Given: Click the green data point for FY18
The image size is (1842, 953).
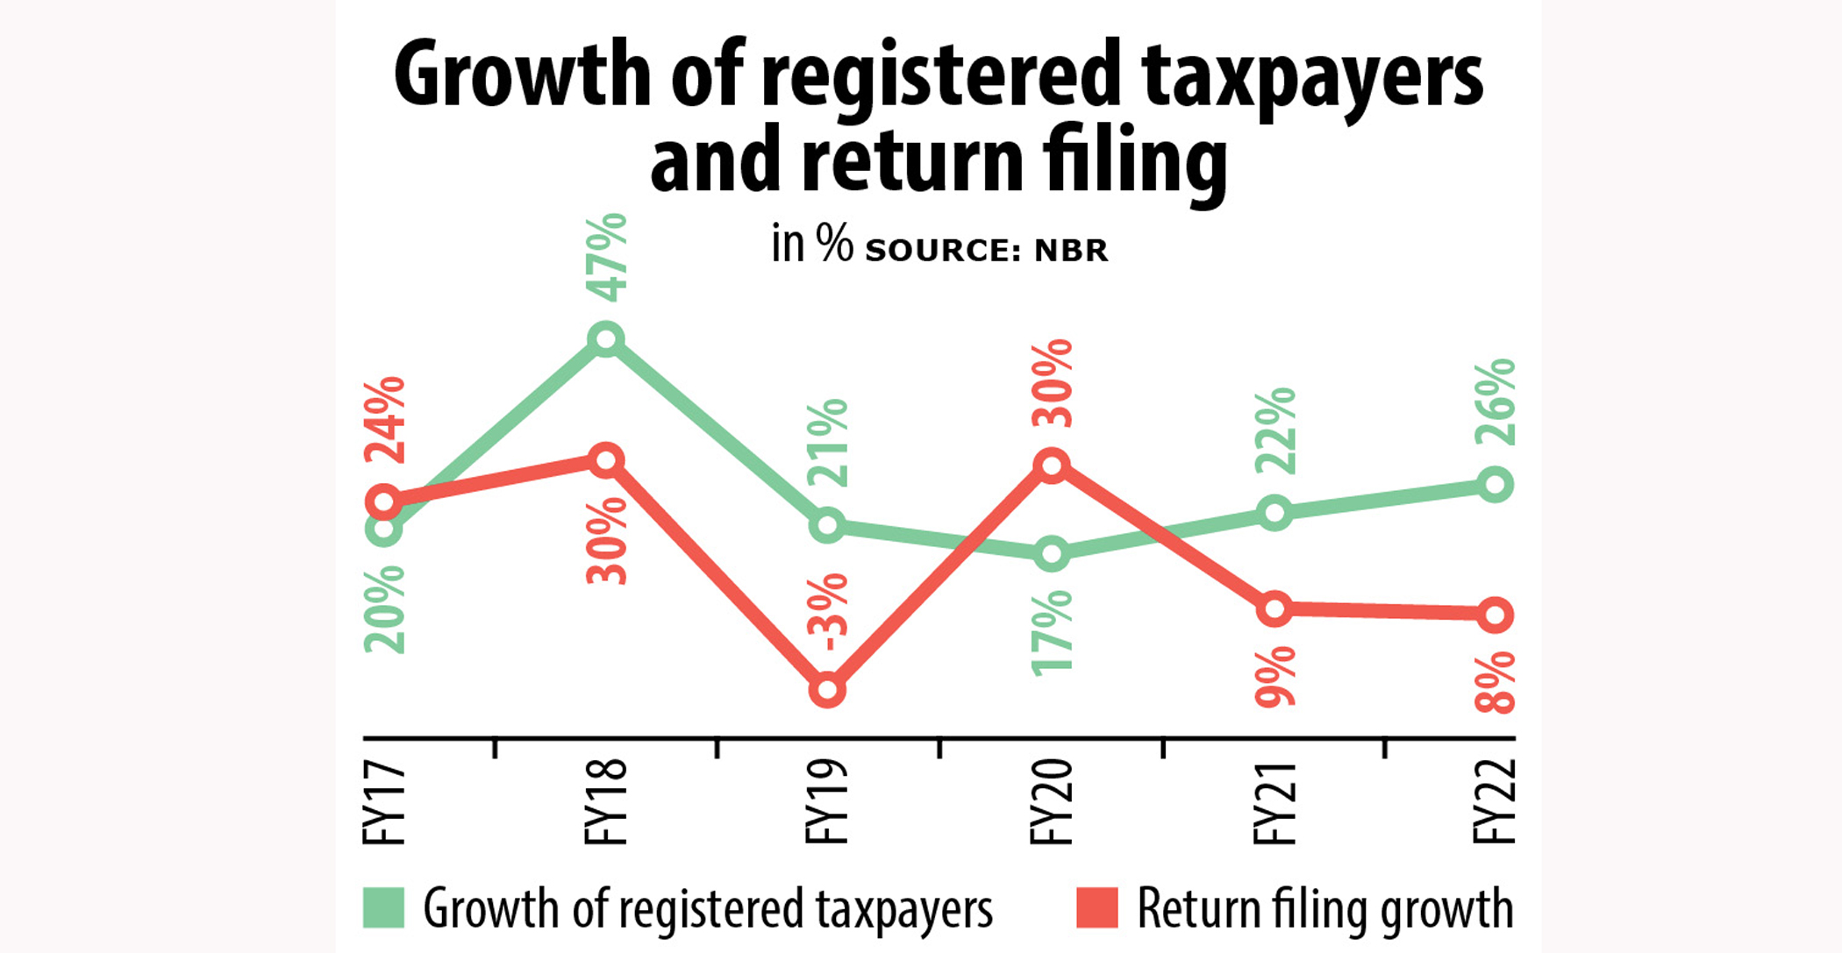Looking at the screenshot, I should point(606,338).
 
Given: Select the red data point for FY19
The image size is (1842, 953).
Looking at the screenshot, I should point(827,691).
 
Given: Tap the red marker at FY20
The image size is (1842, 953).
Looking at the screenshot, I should point(1052,466).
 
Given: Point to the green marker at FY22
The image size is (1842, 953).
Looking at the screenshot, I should point(1496,485).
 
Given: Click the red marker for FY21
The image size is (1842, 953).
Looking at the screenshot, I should point(1274,608).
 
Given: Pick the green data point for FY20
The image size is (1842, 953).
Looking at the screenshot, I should point(1052,554).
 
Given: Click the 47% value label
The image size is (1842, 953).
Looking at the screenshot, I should point(607,257).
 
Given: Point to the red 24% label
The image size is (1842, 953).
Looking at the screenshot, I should point(385,420).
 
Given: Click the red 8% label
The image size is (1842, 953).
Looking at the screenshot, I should point(1496,682).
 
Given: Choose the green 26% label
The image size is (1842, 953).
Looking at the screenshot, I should point(1496,402).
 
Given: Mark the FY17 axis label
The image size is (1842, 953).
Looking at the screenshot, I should point(384,803).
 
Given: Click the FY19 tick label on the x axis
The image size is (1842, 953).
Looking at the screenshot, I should point(827,803).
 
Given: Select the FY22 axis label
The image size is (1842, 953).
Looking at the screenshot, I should point(1495,803).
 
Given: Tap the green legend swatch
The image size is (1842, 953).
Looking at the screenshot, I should point(384,907).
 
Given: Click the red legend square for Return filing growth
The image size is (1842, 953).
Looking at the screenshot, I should point(1097,907).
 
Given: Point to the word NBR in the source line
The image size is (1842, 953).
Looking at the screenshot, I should point(1071,251).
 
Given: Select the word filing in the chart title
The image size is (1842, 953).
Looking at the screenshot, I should point(1134,163).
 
